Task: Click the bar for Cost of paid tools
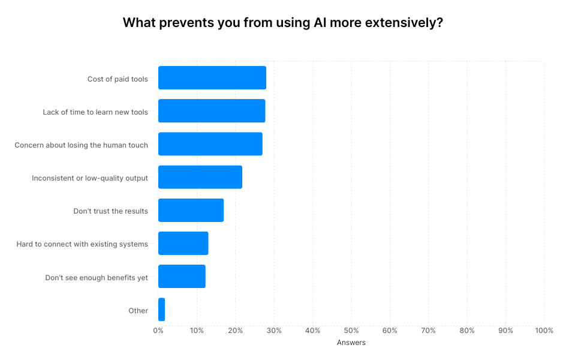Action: [x=212, y=78]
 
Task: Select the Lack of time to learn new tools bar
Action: [x=212, y=111]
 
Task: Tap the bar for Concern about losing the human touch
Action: [x=210, y=144]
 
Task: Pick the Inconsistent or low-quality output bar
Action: [x=200, y=178]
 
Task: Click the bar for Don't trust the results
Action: [x=191, y=211]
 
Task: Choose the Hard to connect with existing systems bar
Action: [x=183, y=244]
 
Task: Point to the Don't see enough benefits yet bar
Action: [x=182, y=277]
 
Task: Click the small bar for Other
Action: [x=161, y=310]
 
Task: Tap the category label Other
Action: [x=138, y=310]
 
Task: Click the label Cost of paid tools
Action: [x=118, y=79]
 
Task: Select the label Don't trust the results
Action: [x=110, y=211]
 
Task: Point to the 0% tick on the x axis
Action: [x=158, y=331]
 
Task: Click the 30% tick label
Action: [x=274, y=331]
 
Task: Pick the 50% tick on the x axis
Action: [x=351, y=331]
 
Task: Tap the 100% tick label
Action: [x=544, y=331]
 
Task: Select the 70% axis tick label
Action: [x=428, y=331]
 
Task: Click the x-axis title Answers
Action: [x=351, y=343]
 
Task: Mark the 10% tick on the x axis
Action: [x=197, y=331]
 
